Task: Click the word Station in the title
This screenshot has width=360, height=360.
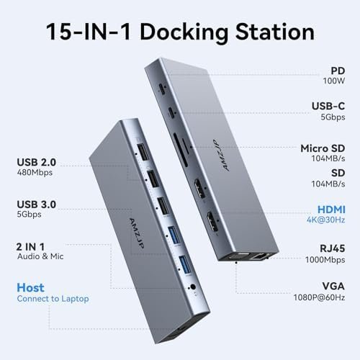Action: point(275,32)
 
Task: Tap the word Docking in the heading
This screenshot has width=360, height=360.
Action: point(184,34)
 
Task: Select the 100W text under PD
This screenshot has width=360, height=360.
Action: point(334,81)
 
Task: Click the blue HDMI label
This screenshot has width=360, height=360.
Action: point(331,210)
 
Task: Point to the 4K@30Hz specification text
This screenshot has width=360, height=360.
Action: point(325,220)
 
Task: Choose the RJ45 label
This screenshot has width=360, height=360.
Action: point(333,248)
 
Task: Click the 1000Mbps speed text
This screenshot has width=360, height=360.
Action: point(325,260)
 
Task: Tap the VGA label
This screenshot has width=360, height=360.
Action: point(333,286)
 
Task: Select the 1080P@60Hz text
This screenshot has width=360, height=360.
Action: point(319,297)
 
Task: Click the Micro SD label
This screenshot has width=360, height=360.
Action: point(323,148)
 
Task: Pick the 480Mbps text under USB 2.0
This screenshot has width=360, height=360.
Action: point(35,173)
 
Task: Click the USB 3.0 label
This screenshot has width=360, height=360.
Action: point(36,204)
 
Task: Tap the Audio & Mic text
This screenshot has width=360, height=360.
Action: point(40,256)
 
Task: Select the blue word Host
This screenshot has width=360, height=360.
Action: point(30,287)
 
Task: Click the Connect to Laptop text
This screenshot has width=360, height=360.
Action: point(53,299)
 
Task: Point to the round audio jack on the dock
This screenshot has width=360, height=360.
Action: point(193,287)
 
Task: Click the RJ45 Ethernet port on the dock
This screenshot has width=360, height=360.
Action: point(258,257)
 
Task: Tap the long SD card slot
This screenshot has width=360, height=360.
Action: point(180,150)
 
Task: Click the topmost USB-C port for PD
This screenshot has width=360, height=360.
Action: point(162,89)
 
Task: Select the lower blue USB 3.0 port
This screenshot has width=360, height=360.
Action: point(185,265)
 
